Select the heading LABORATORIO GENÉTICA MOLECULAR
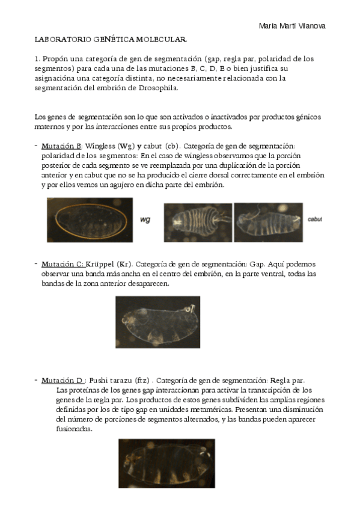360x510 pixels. click(111, 40)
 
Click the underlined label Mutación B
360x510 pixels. click(61, 146)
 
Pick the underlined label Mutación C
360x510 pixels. click(62, 264)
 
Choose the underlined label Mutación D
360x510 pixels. click(62, 380)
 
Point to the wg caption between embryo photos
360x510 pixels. click(145, 220)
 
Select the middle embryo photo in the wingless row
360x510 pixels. click(197, 220)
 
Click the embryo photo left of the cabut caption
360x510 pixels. click(269, 220)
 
